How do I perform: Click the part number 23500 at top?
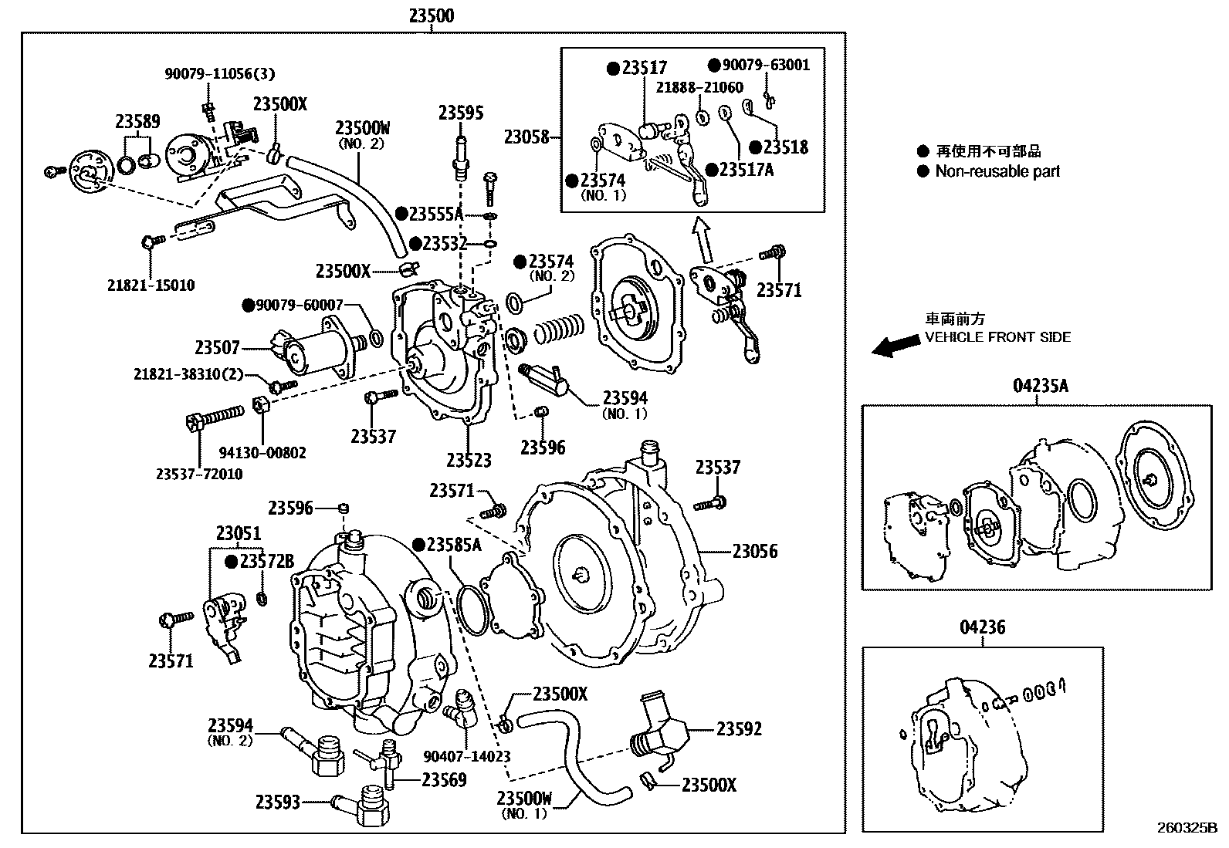point(431,15)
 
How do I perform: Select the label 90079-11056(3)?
point(219,74)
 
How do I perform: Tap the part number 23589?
point(137,121)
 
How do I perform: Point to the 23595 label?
point(461,113)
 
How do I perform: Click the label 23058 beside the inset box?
point(526,137)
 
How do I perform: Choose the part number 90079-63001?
point(764,65)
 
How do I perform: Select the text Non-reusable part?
point(997,171)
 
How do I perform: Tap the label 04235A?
point(1040,386)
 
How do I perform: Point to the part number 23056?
point(754,551)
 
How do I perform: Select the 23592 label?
point(739,728)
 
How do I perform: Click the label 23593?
point(278,802)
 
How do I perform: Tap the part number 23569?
point(444,779)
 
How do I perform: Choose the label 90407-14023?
point(467,757)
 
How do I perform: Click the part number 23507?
point(217,348)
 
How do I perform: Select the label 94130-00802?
point(262,452)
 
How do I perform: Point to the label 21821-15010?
point(151,285)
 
